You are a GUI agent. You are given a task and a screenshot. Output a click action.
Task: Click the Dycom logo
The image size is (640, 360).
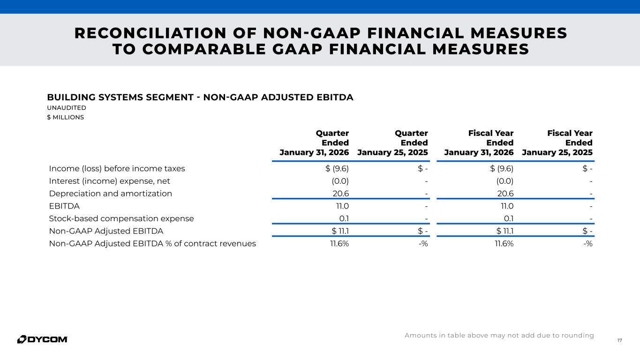42,339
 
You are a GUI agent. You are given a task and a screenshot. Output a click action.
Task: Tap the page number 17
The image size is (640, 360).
620,340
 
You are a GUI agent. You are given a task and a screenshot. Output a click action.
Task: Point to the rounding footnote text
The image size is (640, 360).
499,336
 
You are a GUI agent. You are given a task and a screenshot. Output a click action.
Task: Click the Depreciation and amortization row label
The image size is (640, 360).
110,194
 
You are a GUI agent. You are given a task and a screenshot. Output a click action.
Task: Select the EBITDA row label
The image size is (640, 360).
64,206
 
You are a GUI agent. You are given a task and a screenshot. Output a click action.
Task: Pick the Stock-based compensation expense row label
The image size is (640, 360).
121,218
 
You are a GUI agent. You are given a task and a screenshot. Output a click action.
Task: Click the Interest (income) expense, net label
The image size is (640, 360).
109,181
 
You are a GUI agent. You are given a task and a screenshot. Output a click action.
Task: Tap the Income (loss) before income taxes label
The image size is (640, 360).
117,169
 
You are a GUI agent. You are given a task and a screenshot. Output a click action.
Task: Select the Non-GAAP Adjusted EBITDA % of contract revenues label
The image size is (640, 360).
152,243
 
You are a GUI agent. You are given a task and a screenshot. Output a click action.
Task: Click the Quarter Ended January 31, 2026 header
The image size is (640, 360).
315,143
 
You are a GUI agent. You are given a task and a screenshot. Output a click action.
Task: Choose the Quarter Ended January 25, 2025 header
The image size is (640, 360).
393,143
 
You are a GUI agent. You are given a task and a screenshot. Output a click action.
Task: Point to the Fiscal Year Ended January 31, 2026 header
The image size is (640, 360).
479,143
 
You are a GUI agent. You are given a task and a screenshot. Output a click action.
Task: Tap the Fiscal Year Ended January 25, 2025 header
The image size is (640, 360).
557,143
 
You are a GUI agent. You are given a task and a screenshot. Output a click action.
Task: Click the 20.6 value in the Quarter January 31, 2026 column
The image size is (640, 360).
340,194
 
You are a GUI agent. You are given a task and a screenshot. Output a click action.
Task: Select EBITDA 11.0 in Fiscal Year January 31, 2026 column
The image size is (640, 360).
505,206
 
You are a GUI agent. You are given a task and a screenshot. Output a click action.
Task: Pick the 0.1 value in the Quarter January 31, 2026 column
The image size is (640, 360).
344,218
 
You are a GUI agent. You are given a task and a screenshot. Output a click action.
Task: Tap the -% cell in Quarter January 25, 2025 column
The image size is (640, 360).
423,243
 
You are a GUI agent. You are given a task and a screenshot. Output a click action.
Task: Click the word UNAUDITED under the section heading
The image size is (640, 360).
67,108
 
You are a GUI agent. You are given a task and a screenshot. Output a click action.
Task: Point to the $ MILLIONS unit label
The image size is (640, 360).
65,117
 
